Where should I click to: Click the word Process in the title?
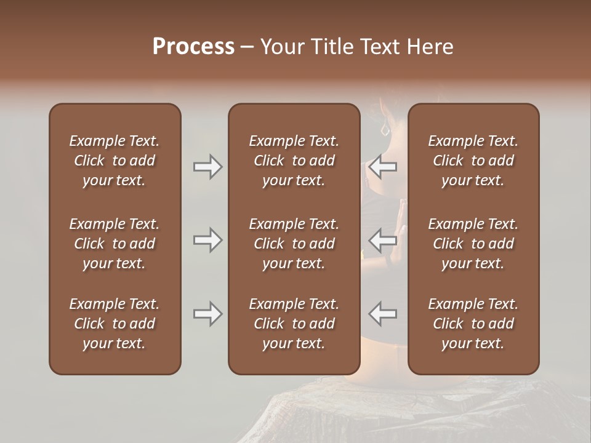tap(193, 47)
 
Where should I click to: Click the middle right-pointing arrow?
tap(208, 240)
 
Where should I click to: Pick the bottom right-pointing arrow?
tap(208, 314)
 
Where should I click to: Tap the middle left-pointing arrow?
tap(382, 240)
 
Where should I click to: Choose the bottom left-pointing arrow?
tap(382, 314)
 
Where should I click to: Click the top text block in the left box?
tap(115, 161)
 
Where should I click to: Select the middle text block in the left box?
tap(115, 244)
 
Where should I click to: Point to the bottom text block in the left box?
tap(115, 324)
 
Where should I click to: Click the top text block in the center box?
tap(294, 161)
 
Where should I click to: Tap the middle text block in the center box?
tap(294, 244)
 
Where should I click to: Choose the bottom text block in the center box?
tap(294, 324)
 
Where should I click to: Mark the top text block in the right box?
tap(473, 161)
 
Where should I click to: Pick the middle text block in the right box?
tap(473, 244)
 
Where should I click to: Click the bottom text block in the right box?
tap(473, 324)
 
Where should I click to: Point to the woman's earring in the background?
tap(385, 130)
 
